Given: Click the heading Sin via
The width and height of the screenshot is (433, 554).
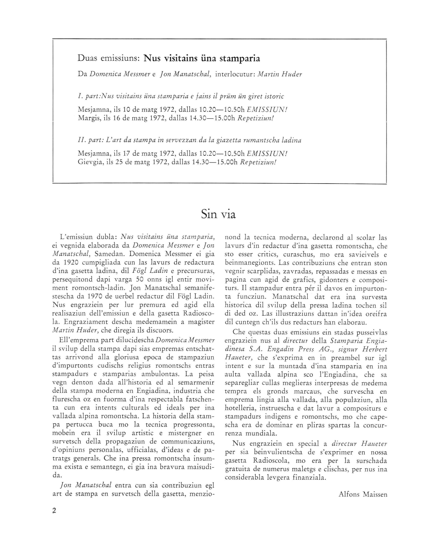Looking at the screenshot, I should [x=218, y=214].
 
